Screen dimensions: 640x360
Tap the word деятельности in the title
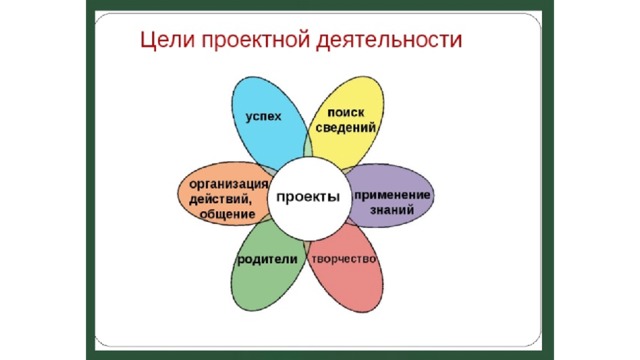pos(390,41)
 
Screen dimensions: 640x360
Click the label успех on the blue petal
pos(264,117)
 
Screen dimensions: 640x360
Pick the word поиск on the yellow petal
pos(346,112)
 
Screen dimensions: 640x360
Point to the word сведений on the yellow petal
pos(346,128)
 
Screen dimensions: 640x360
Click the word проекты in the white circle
pos(308,197)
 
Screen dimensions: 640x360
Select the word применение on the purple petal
pos(392,195)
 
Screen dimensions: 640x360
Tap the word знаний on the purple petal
pos(392,210)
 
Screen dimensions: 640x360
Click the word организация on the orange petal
pos(229,184)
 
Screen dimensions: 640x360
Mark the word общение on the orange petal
pos(227,214)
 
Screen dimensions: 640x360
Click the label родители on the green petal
pos(268,260)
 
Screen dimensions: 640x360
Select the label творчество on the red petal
pos(344,259)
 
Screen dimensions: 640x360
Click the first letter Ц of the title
pos(147,41)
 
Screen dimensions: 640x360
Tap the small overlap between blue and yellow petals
pos(308,148)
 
